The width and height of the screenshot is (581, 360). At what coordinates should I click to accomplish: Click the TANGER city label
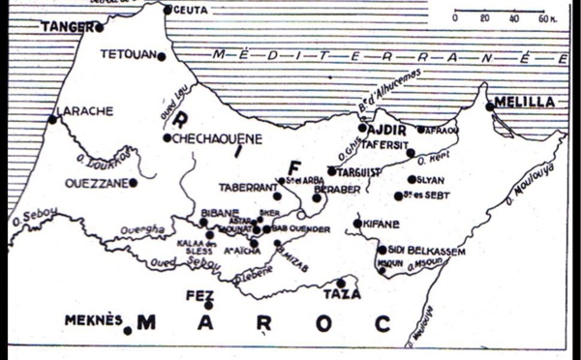click(66, 27)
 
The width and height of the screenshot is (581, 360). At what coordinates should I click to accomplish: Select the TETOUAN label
click(127, 55)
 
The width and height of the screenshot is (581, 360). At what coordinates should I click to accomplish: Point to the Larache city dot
click(52, 119)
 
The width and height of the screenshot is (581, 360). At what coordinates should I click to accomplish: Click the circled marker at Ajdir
click(362, 127)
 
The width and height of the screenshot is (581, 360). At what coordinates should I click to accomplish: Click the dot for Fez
click(208, 305)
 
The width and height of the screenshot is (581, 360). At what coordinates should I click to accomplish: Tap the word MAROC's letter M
click(146, 322)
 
